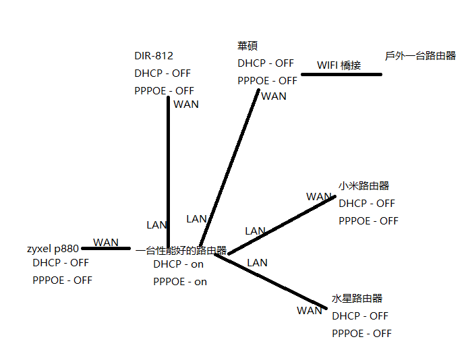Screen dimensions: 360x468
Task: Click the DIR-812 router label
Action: (153, 56)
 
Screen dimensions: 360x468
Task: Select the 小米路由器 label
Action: (363, 185)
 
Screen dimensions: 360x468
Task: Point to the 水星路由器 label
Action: (357, 298)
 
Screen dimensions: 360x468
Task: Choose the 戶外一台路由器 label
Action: (420, 56)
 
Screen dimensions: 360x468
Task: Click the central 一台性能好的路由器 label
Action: (181, 250)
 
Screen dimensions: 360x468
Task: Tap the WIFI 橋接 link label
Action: (339, 65)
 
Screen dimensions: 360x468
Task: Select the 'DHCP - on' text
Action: (178, 264)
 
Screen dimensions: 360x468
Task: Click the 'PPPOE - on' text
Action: (179, 282)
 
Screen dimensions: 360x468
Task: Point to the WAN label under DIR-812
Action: (186, 104)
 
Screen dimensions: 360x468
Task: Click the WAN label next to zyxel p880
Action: (106, 242)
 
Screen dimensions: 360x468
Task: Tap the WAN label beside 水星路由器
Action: (310, 311)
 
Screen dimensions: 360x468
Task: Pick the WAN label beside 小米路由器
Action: (319, 197)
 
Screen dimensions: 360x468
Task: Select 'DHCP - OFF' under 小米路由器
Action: (366, 203)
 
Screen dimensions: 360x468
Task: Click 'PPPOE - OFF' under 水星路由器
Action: (361, 333)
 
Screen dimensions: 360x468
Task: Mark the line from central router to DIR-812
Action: (168, 169)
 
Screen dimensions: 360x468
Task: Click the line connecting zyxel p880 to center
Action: (106, 249)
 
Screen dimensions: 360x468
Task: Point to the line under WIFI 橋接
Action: (341, 74)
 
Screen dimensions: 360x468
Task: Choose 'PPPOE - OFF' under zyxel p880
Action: (62, 280)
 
